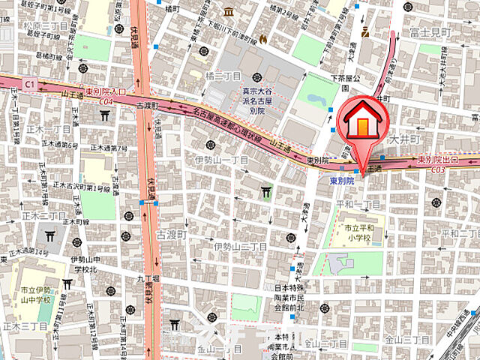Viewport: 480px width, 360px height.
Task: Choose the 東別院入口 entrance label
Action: pyautogui.click(x=106, y=91)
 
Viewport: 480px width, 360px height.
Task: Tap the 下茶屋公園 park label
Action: pyautogui.click(x=347, y=78)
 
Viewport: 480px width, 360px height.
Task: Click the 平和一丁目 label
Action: pyautogui.click(x=360, y=204)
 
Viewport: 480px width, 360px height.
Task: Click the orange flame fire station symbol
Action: pyautogui.click(x=262, y=38)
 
